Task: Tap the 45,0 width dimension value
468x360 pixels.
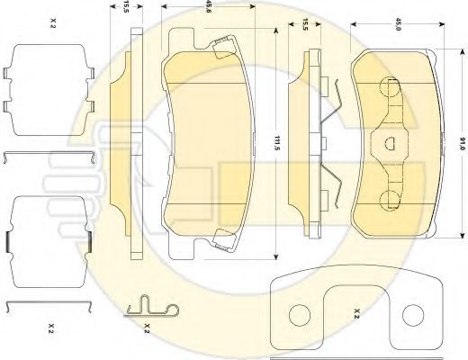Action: pyautogui.click(x=398, y=23)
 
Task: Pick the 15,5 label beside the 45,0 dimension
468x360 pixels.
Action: pyautogui.click(x=305, y=24)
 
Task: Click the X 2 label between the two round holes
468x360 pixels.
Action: pyautogui.click(x=356, y=314)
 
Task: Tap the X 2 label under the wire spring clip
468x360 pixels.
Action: pyautogui.click(x=147, y=328)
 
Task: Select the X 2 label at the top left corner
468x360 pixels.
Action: pyautogui.click(x=53, y=23)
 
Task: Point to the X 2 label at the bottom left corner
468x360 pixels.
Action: pyautogui.click(x=51, y=328)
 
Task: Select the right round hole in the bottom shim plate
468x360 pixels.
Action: pyautogui.click(x=413, y=315)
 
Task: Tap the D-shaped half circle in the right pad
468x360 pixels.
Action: pyautogui.click(x=390, y=143)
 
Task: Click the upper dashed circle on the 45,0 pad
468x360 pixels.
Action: pyautogui.click(x=390, y=87)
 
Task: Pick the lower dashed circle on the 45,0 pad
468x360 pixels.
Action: pyautogui.click(x=390, y=200)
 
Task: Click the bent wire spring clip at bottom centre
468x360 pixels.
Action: pyautogui.click(x=151, y=308)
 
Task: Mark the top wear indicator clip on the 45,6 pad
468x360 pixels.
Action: pyautogui.click(x=224, y=47)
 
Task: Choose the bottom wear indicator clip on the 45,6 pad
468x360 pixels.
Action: pyautogui.click(x=224, y=239)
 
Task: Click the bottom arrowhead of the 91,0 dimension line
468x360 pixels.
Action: pyautogui.click(x=462, y=235)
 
